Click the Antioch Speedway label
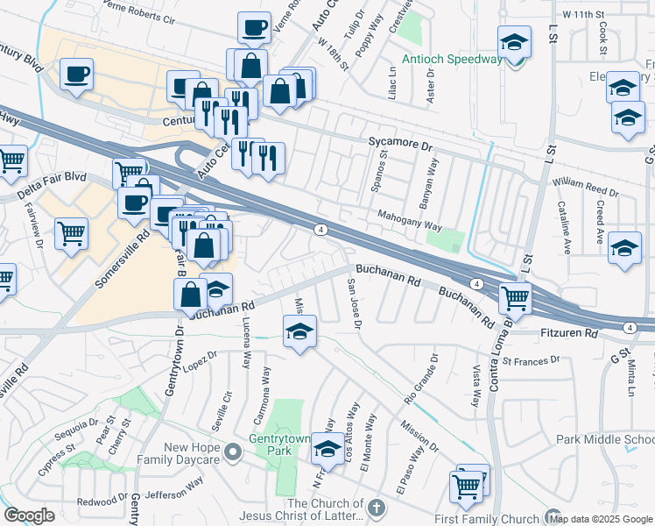pos(451,60)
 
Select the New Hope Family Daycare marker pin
pos(232,452)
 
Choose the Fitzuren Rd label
pos(570,334)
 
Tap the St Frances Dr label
pos(530,360)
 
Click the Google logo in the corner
pos(29,515)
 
